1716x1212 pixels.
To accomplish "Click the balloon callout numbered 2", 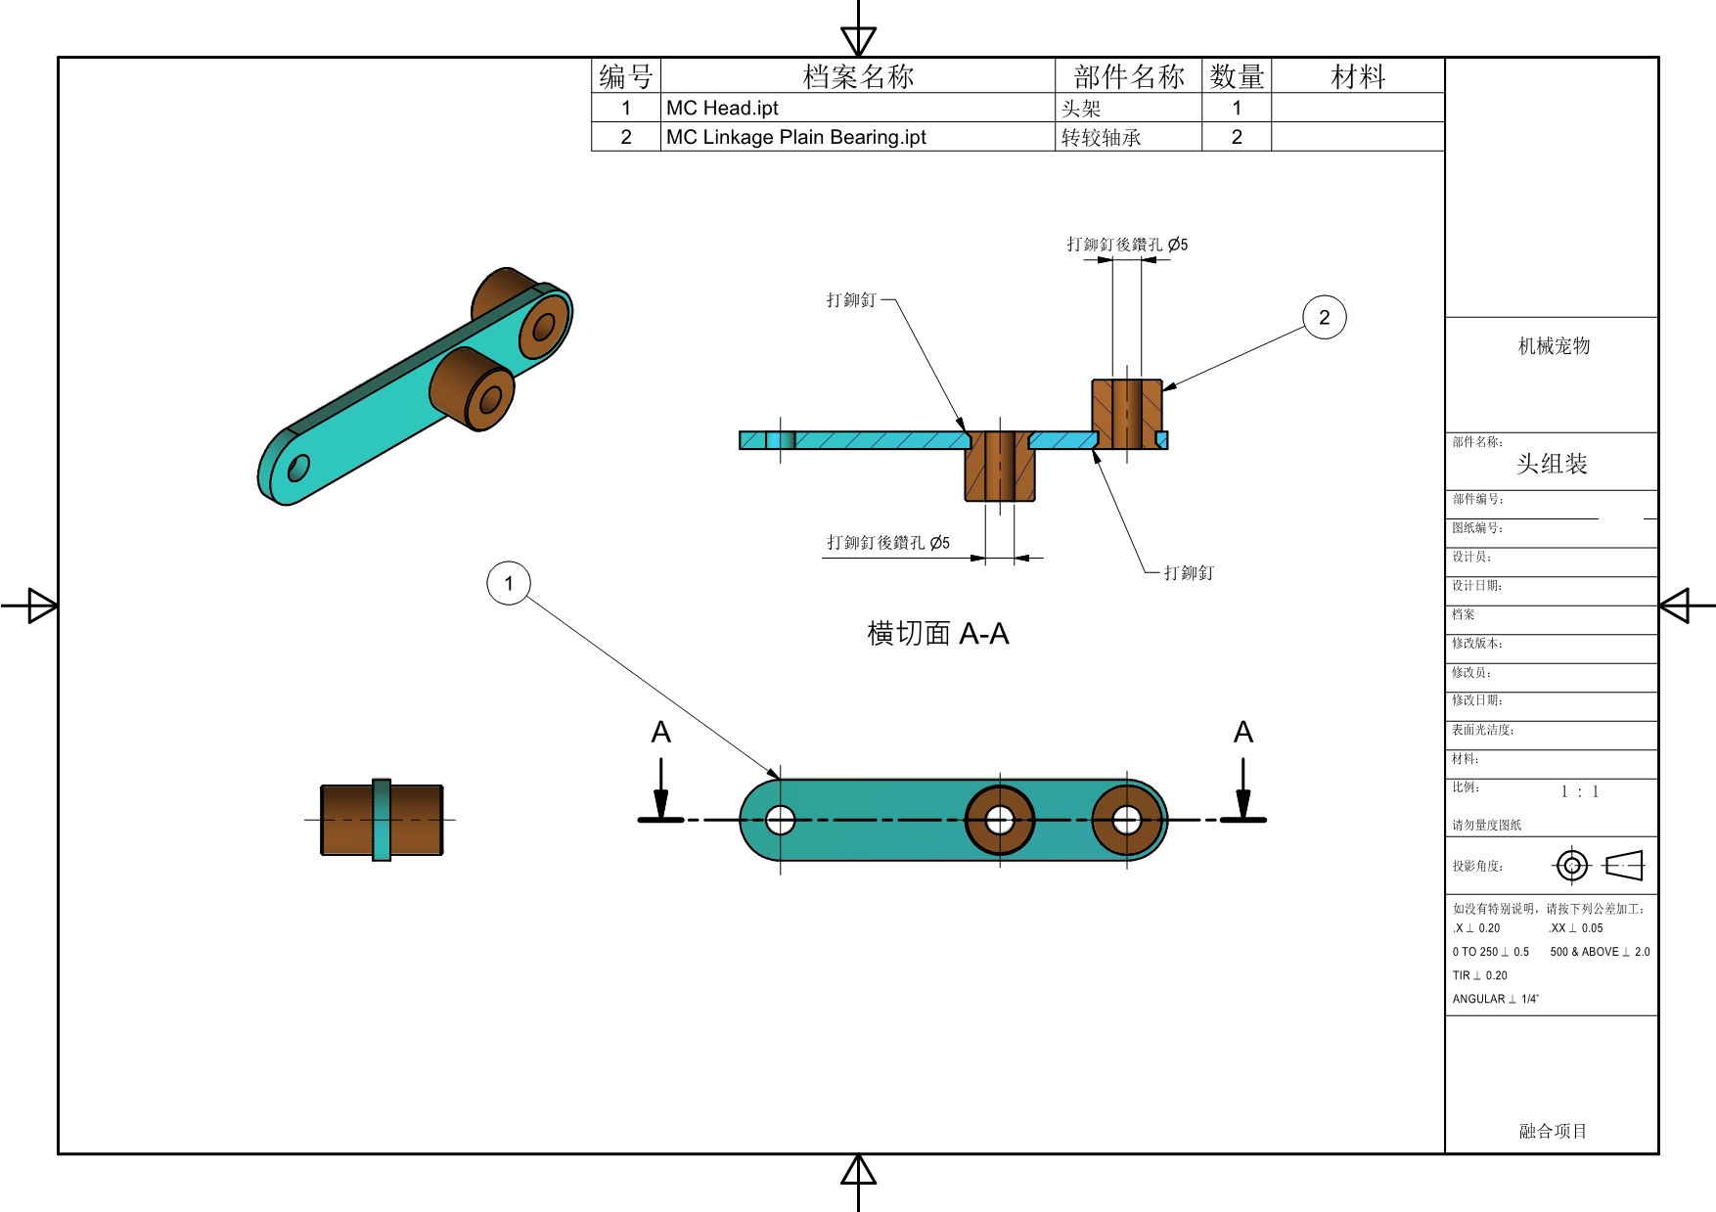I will click(1324, 317).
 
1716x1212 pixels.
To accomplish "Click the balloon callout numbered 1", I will click(509, 583).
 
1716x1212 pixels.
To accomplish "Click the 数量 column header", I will click(1237, 76).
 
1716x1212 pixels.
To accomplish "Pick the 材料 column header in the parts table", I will click(1358, 76).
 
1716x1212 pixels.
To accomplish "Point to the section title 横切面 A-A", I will click(937, 634).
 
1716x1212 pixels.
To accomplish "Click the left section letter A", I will click(661, 732).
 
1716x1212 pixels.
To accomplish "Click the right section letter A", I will click(1243, 732).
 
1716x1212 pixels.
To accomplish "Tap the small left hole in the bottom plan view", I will click(780, 820).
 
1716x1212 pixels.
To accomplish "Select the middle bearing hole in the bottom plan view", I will click(1000, 820).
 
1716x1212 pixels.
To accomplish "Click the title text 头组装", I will click(1552, 464).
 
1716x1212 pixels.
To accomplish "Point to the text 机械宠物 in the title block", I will click(1554, 345).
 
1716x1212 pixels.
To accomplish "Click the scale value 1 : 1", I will click(1580, 791).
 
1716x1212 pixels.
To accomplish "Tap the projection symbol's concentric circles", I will click(1572, 866).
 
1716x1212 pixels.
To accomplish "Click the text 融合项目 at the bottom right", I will click(1553, 1131).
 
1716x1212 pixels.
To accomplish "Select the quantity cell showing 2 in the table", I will click(1237, 137).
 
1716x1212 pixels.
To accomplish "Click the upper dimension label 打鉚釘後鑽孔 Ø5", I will click(1127, 245).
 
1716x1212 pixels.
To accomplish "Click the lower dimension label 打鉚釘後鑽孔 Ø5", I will click(887, 542).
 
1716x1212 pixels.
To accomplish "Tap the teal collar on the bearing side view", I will click(382, 820).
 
